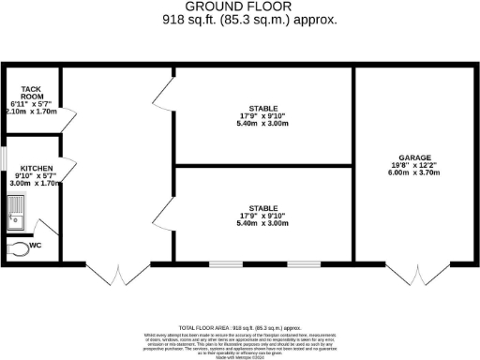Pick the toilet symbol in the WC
coord(18,249)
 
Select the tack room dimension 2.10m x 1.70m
coord(30,110)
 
